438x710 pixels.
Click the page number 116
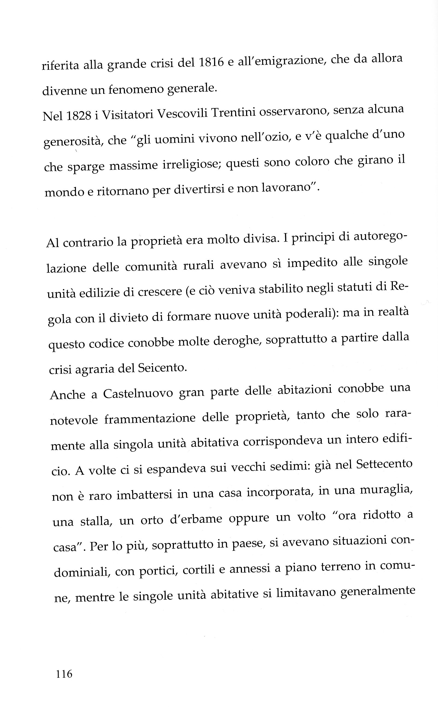click(x=64, y=674)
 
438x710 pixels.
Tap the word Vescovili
click(x=182, y=114)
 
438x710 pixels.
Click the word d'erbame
click(x=196, y=519)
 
